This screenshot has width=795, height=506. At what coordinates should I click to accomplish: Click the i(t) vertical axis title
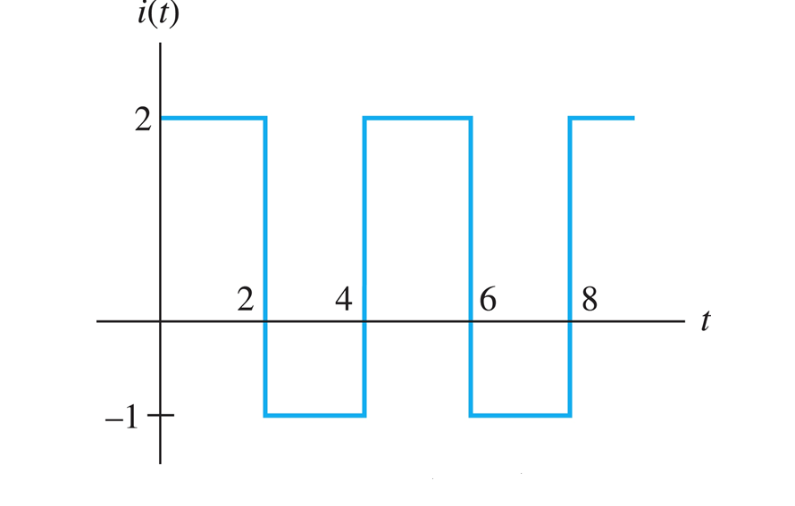(158, 15)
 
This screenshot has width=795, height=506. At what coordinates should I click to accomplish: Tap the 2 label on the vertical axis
(143, 120)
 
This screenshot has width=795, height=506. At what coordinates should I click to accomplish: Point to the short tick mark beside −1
(161, 415)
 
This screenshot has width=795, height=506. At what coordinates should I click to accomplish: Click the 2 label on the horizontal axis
(246, 301)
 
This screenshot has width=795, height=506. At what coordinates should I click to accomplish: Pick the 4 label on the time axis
(344, 301)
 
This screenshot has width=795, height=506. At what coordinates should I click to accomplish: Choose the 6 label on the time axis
(488, 301)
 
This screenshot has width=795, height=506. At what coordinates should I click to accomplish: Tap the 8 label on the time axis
(590, 301)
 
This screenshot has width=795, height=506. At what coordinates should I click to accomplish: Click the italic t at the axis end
(705, 321)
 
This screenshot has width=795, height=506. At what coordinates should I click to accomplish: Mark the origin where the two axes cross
(161, 319)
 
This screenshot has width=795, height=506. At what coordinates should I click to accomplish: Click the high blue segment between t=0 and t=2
(213, 118)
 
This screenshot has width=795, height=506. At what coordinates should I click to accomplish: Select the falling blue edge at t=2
(265, 223)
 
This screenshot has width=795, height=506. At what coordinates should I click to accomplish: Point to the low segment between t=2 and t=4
(314, 415)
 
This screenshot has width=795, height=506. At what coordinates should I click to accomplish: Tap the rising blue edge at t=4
(364, 223)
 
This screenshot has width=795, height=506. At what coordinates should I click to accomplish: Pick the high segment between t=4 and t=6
(417, 118)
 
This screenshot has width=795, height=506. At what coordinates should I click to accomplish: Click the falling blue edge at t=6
(471, 223)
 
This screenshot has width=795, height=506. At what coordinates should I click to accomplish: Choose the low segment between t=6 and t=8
(520, 415)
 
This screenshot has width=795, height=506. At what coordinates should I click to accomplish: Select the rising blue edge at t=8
(570, 223)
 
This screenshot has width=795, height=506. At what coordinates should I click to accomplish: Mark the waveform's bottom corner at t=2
(265, 415)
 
